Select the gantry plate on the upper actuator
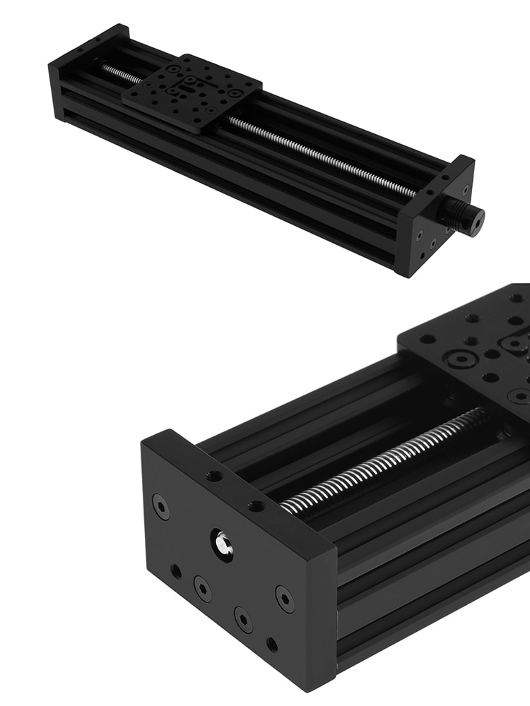pyautogui.click(x=192, y=92)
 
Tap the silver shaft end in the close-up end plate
pyautogui.click(x=223, y=543)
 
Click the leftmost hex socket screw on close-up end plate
pyautogui.click(x=161, y=506)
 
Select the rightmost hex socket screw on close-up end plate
pyautogui.click(x=285, y=599)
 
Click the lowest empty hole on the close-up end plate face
pyautogui.click(x=271, y=644)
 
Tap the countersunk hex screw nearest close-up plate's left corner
pyautogui.click(x=460, y=360)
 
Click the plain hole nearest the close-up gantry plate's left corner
pyautogui.click(x=428, y=339)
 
